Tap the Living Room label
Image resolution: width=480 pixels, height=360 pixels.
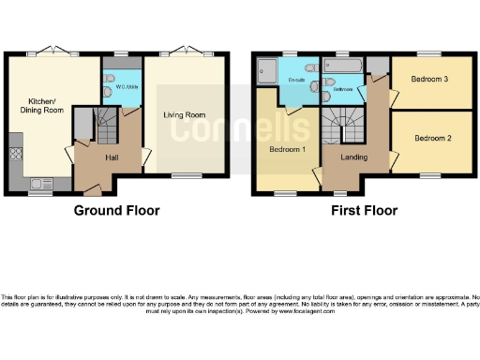[185, 115]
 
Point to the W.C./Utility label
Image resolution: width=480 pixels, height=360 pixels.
[126, 87]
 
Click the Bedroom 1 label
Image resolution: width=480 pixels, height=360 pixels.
[286, 149]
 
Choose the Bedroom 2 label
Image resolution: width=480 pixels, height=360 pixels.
[432, 138]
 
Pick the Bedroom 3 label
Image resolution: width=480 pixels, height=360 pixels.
[427, 80]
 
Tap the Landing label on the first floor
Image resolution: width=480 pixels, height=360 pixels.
[353, 157]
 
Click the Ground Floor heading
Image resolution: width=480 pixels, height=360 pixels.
[116, 211]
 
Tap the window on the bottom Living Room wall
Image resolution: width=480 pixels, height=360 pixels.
[185, 175]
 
